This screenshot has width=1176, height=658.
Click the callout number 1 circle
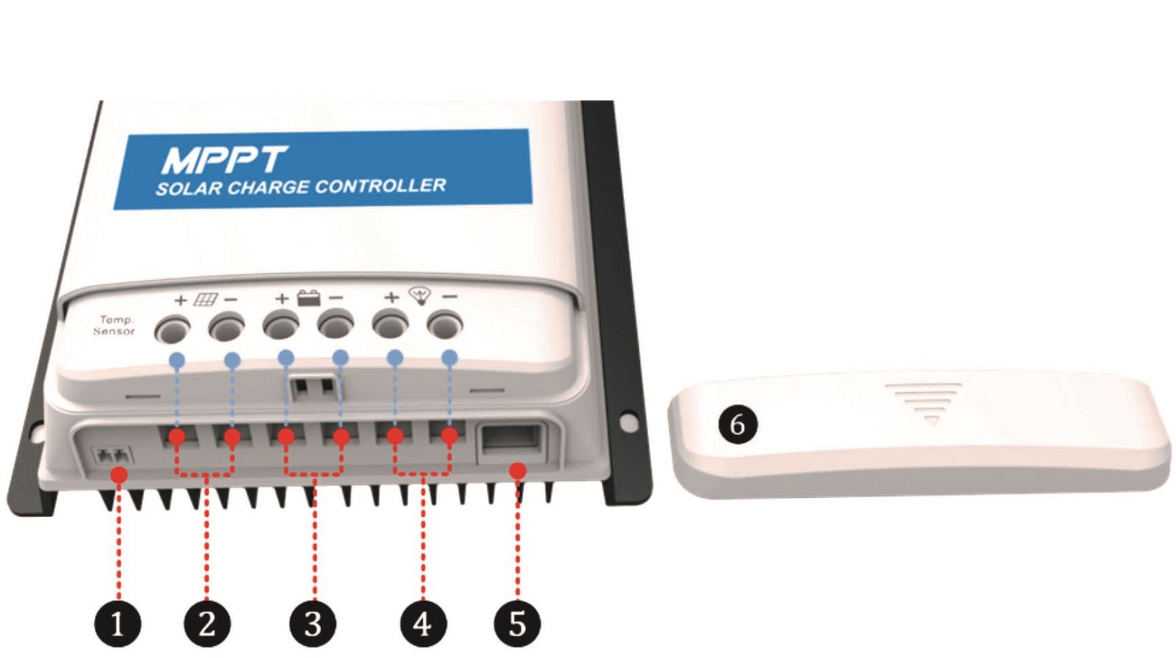coord(118,626)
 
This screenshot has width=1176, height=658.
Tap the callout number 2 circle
coord(207,626)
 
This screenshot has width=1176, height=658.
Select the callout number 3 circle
coord(314,626)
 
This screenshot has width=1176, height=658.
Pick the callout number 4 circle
coord(423,626)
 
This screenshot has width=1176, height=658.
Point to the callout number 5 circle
coord(517,626)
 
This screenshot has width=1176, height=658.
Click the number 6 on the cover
coord(737,424)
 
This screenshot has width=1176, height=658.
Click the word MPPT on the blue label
coord(223,159)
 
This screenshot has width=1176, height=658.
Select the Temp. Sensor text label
coord(115,325)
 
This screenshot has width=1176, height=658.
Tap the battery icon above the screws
coord(309,298)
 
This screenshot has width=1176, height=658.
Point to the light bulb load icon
coord(421,296)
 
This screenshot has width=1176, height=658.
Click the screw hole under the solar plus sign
coord(173,328)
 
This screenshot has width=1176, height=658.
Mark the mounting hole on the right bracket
coord(628,422)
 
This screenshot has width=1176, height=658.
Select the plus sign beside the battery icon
coord(282,299)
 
